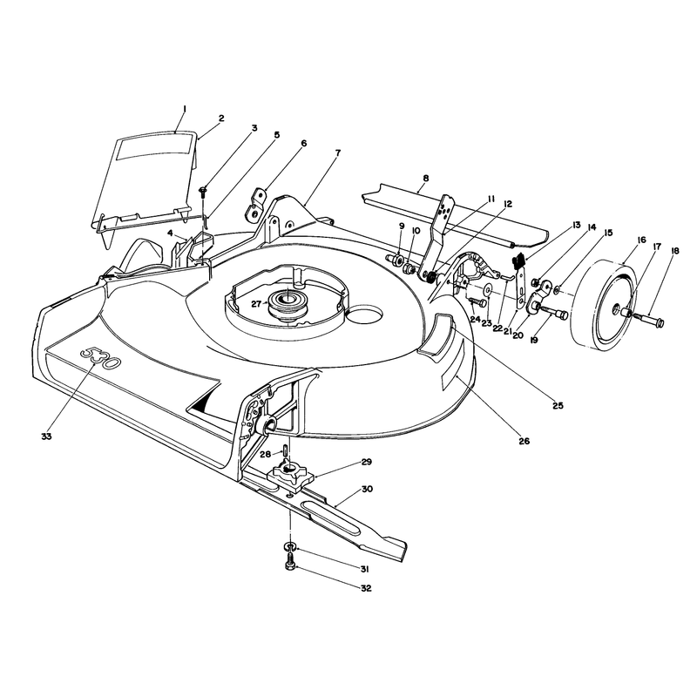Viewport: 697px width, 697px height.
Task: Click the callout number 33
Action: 46,436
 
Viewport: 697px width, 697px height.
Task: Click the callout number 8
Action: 426,179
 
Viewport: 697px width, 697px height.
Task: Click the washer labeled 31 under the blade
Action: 290,546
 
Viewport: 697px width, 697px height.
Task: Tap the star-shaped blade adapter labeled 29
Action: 291,473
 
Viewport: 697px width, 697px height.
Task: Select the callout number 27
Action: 256,304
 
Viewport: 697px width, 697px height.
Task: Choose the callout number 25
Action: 558,405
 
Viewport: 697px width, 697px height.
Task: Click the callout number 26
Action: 524,441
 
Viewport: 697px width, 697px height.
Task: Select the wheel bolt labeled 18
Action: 649,318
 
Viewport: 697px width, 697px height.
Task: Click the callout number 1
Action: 185,108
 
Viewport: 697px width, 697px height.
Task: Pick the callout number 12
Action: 508,204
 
